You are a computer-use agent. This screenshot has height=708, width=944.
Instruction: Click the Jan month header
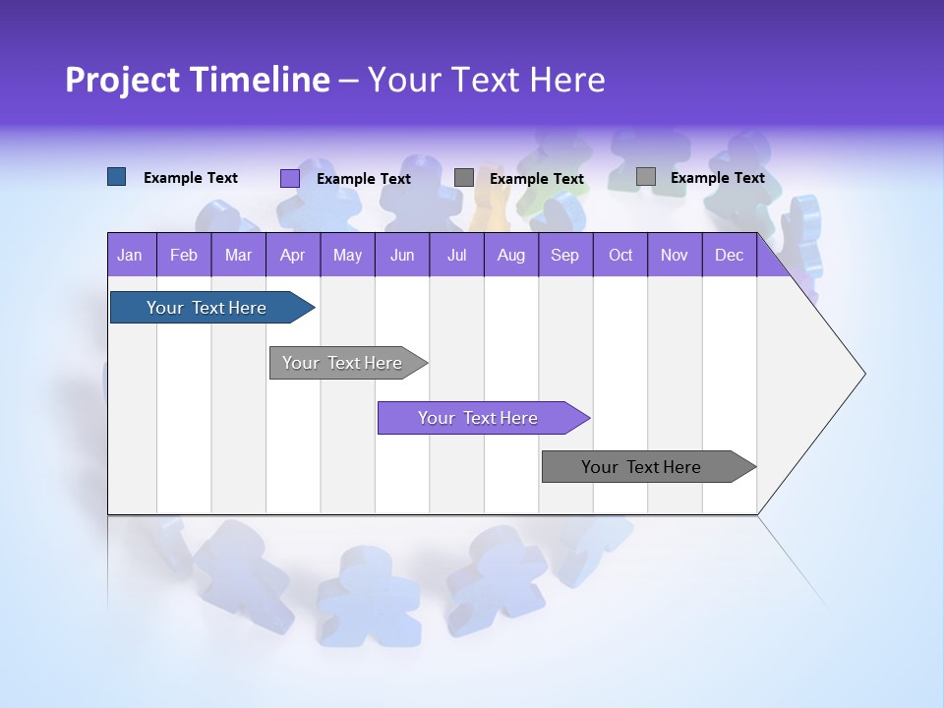(131, 255)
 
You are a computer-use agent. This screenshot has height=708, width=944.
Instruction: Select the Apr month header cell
(293, 255)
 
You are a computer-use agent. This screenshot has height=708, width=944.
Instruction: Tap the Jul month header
(456, 255)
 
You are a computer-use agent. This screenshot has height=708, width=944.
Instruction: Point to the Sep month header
(565, 255)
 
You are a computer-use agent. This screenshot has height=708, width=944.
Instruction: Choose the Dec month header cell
(729, 255)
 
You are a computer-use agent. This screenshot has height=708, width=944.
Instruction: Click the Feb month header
(184, 255)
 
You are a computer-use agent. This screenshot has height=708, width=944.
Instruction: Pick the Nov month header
(675, 255)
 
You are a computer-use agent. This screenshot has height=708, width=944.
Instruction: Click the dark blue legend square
(117, 177)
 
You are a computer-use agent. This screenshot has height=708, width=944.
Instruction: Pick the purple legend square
(290, 178)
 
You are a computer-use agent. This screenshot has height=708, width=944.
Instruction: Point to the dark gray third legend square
(464, 178)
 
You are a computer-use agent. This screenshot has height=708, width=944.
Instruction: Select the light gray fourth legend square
(646, 177)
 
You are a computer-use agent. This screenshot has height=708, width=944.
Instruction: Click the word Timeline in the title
(258, 80)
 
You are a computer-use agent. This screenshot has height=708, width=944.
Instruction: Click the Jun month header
(402, 255)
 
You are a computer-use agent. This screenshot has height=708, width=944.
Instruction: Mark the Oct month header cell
(620, 255)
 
